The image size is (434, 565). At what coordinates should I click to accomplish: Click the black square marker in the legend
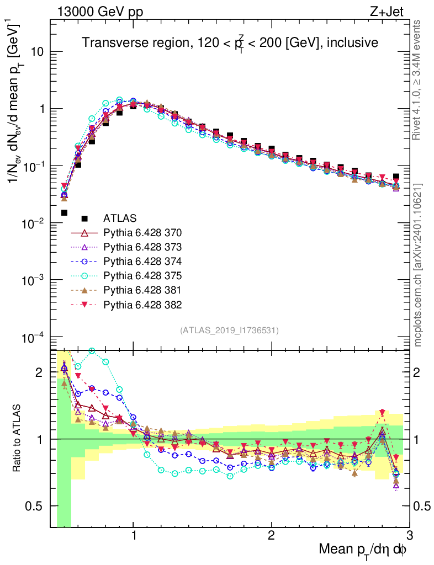pyautogui.click(x=84, y=218)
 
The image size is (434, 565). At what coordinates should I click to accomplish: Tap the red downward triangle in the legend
pyautogui.click(x=84, y=305)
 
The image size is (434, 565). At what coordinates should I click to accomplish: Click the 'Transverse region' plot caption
pyautogui.click(x=230, y=43)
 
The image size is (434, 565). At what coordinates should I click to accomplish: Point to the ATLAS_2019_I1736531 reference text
pyautogui.click(x=229, y=331)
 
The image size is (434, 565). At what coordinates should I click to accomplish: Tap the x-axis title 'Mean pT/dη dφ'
pyautogui.click(x=363, y=549)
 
